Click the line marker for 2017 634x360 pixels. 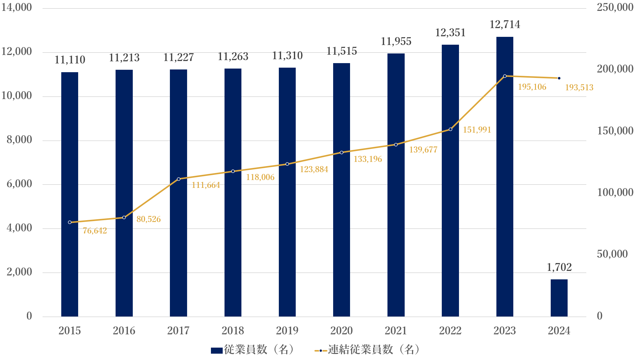pos(179,179)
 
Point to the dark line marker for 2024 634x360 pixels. pos(559,78)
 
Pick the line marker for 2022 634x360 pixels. pos(451,129)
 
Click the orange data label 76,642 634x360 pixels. pos(95,231)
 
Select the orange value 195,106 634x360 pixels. pos(532,87)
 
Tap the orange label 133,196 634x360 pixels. pos(368,159)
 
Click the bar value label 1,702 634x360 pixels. pos(559,267)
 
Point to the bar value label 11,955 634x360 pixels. pos(396,41)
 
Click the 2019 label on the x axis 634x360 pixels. pos(287,331)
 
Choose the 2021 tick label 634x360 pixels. pos(396,331)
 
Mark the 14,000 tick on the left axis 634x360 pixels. pos(17,7)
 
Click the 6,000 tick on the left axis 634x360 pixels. pos(19,184)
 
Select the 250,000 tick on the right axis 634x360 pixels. pos(615,7)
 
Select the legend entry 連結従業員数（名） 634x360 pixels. pos(367,350)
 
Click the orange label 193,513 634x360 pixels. pos(579,88)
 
